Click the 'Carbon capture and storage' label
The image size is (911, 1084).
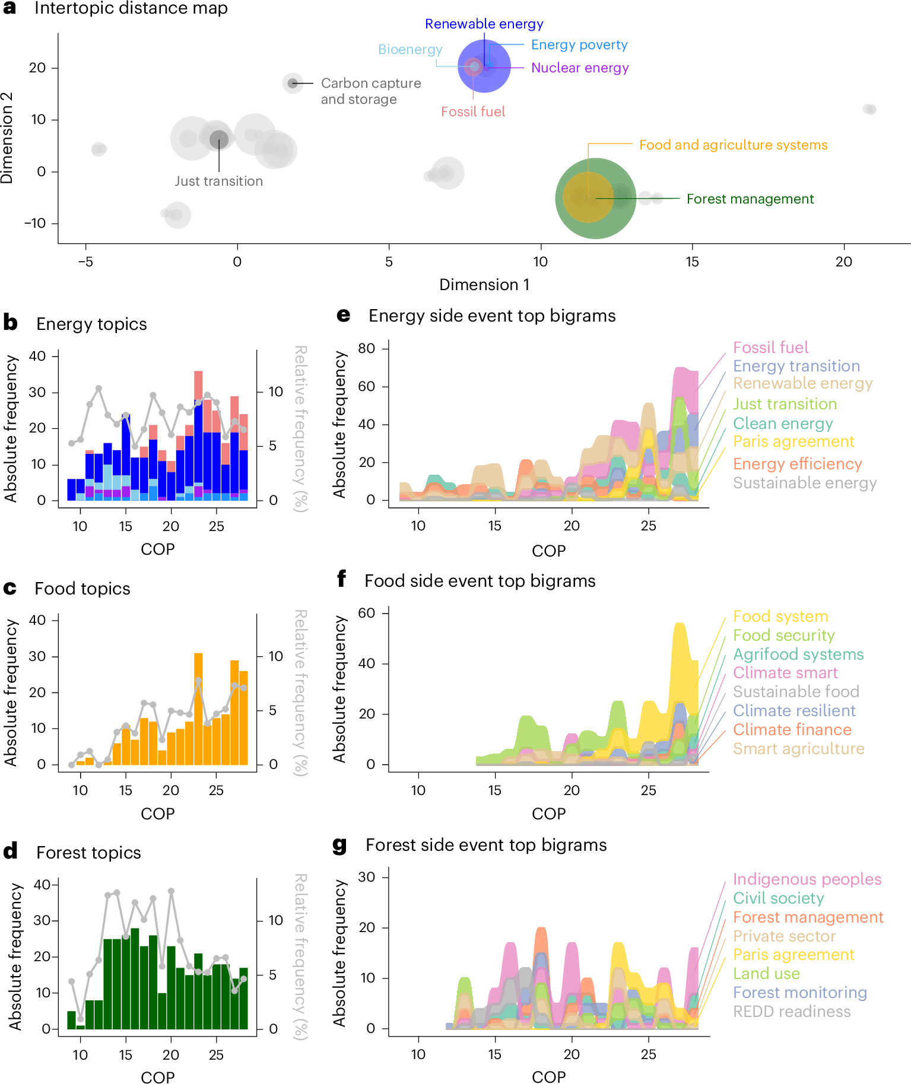coord(370,91)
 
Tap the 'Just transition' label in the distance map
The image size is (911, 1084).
coord(218,181)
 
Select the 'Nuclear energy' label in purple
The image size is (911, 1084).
coord(579,68)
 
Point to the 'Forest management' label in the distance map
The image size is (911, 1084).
coord(750,199)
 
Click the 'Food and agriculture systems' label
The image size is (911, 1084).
coord(733,145)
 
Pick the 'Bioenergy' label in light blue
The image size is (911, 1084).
coord(410,49)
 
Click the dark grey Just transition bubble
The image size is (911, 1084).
coord(219,139)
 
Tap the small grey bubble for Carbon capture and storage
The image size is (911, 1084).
coord(293,83)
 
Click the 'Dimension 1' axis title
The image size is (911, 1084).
coord(484,285)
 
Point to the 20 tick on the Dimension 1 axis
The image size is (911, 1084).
coord(843,261)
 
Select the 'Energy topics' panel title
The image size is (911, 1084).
coord(91,324)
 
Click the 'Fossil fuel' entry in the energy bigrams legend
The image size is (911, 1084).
coord(770,347)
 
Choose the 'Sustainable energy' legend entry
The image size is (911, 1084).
coord(804,483)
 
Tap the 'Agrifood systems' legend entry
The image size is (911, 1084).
coord(798,654)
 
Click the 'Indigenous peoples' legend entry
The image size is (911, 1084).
coord(807,879)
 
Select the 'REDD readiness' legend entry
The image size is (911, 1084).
coord(791,1012)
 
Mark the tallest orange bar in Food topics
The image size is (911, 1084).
coord(198,708)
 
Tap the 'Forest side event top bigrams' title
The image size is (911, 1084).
coord(486,845)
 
